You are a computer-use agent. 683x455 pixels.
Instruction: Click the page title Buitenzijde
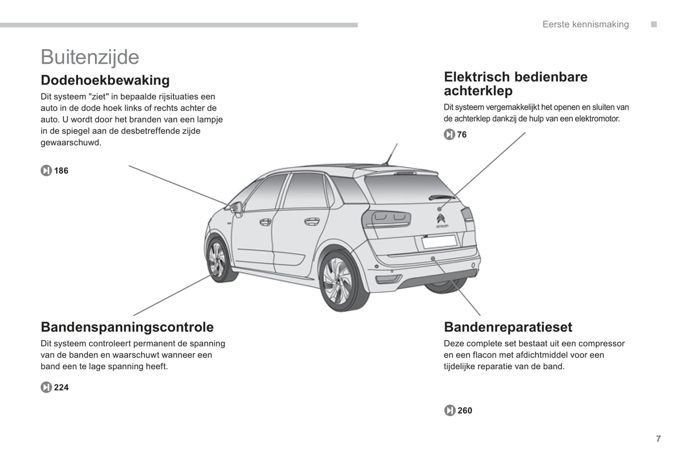coord(90,57)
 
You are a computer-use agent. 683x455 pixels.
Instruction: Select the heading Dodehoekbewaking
coord(105,80)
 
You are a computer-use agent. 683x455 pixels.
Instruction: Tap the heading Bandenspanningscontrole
coord(127,327)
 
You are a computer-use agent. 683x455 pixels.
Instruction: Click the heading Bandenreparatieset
coord(508,327)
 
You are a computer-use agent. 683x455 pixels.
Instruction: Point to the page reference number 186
coord(61,171)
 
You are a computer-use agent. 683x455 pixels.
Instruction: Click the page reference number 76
coord(462,135)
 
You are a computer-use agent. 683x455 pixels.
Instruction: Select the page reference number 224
coord(61,388)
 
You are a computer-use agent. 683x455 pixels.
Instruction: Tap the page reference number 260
coord(465,411)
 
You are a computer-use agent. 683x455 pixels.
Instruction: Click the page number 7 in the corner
coord(658,439)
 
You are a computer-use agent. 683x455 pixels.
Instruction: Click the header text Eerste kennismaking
coord(585,25)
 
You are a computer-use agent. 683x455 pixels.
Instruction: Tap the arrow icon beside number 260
coord(450,411)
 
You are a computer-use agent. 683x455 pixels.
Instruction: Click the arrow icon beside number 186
coord(46,171)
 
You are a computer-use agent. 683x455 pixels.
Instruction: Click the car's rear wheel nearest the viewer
coord(339,281)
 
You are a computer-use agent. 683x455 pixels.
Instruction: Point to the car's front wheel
coord(218,260)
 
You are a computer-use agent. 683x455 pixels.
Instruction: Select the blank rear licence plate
coord(439,241)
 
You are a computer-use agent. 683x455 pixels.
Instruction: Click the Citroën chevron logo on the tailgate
coord(441,219)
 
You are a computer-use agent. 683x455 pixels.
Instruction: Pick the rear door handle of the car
coord(311,221)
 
